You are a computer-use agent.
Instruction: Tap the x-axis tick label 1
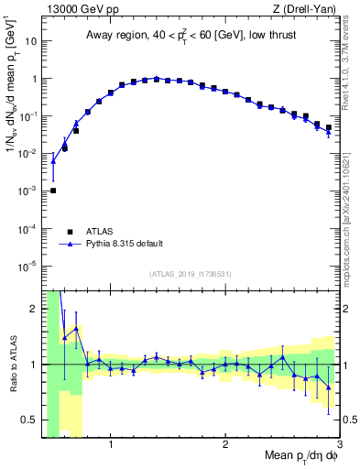coord(111,446)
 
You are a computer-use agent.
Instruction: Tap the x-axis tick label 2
coord(225,446)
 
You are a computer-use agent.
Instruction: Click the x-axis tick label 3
coord(338,446)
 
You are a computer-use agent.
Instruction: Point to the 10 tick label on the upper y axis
coord(31,41)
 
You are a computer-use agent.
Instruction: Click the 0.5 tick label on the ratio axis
coord(28,420)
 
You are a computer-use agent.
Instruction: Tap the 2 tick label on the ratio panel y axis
coord(34,309)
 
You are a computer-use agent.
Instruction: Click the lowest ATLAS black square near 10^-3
coord(53,191)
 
